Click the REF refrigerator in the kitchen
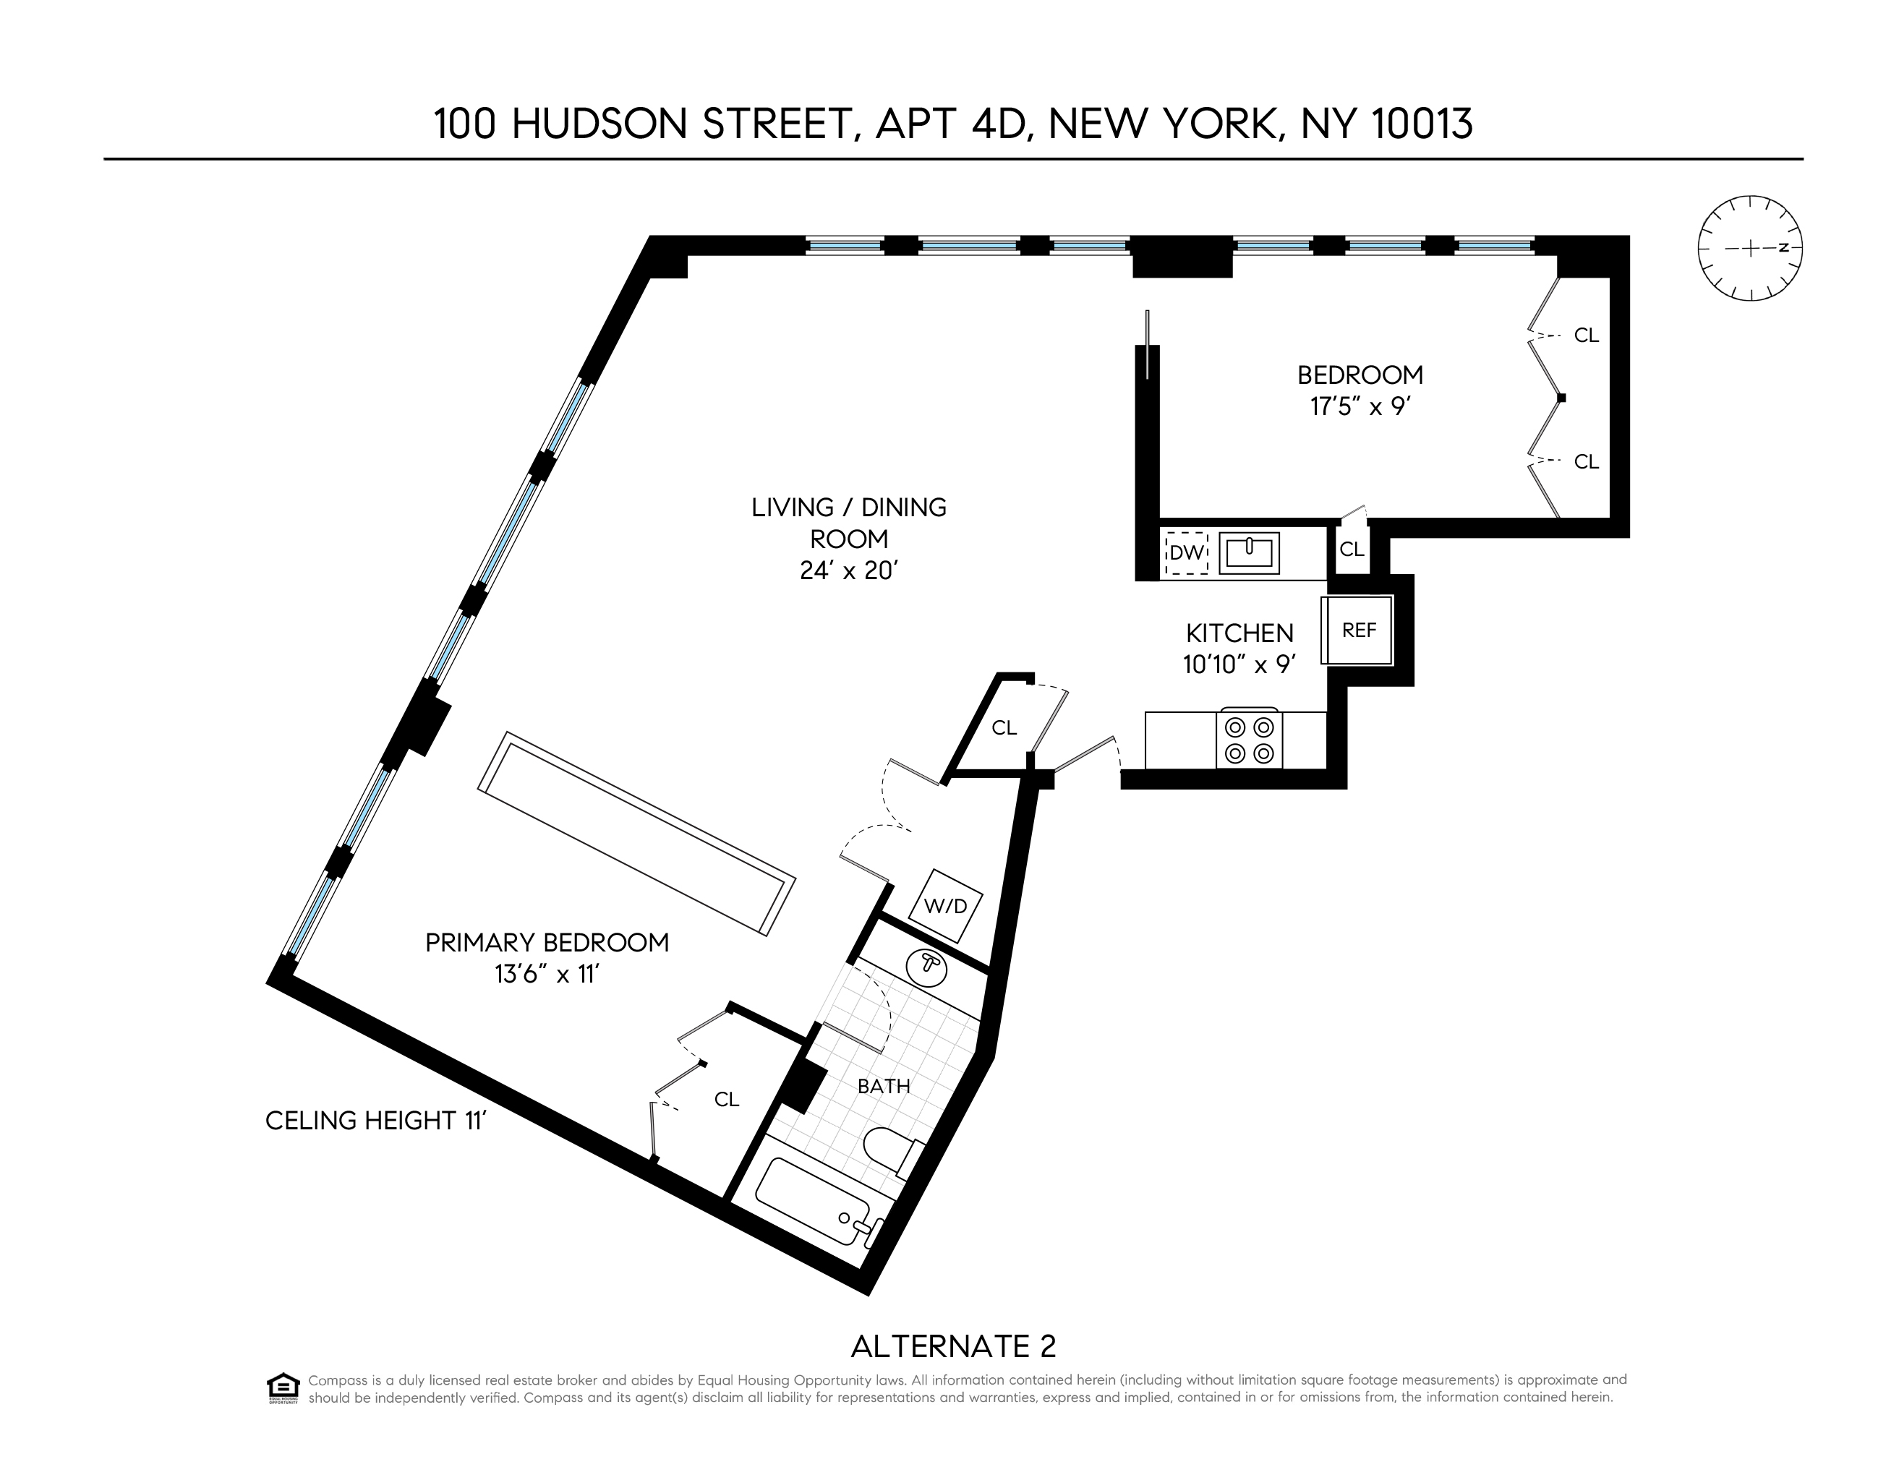[1358, 630]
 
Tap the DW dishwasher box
[1187, 553]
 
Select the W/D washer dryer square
[945, 906]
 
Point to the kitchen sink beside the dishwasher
[1250, 552]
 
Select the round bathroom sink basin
[929, 966]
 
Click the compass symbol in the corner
[1749, 248]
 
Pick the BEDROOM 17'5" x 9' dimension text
[1359, 406]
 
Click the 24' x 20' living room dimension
[849, 570]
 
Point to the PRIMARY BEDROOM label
[547, 943]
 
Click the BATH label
[884, 1086]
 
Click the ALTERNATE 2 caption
[953, 1346]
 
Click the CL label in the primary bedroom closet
[727, 1100]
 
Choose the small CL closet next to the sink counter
[1351, 549]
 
